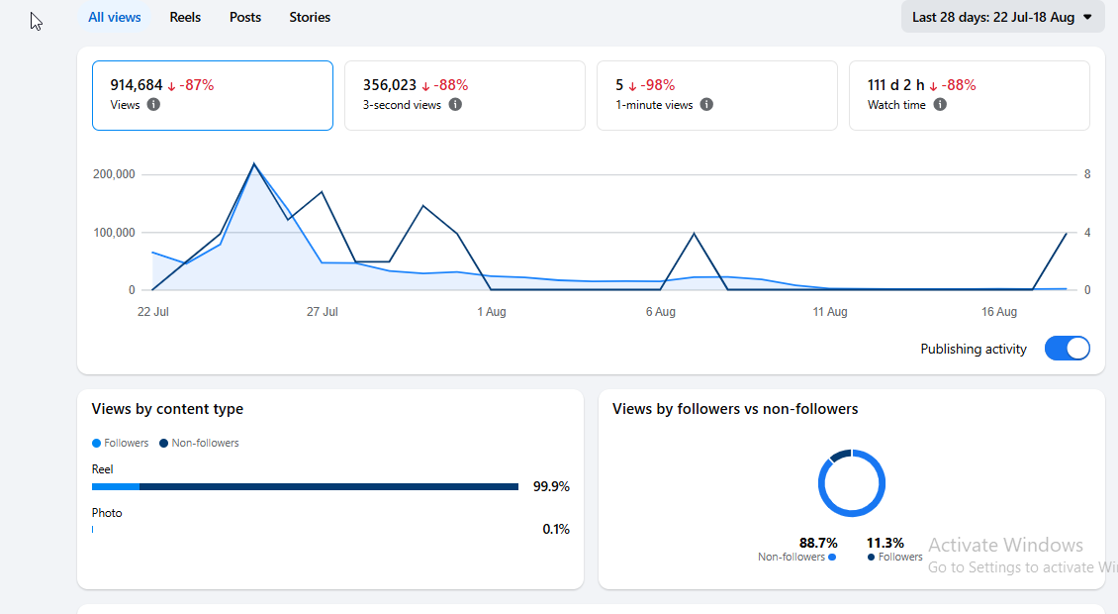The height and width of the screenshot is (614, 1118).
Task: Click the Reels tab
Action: (x=185, y=17)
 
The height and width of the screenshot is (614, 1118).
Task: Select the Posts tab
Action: (x=245, y=17)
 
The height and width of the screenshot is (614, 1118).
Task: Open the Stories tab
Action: (x=310, y=17)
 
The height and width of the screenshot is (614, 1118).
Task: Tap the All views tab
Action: (x=114, y=17)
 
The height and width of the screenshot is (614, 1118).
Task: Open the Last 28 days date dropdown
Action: (x=1002, y=17)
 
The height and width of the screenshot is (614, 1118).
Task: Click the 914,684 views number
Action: (x=137, y=85)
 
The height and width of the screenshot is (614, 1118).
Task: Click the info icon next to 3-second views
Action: (x=455, y=104)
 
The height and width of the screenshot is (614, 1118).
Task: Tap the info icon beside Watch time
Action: (x=940, y=104)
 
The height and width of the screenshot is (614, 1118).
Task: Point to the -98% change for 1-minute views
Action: (x=652, y=85)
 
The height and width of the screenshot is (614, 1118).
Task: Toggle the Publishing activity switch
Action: (x=1067, y=349)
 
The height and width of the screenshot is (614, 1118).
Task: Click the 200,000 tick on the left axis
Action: (x=114, y=174)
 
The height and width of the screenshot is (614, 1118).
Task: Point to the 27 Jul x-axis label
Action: (x=323, y=312)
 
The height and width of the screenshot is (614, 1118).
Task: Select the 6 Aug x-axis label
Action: (x=660, y=312)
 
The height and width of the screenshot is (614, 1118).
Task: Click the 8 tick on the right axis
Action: (x=1087, y=174)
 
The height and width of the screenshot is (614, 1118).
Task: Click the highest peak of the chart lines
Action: (x=254, y=163)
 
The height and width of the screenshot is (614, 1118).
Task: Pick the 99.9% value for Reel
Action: (x=551, y=487)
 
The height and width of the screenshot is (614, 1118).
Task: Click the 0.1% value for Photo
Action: (x=556, y=529)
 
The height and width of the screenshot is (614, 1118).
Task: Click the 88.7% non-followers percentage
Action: (x=818, y=544)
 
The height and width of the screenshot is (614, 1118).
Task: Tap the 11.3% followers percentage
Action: (x=885, y=544)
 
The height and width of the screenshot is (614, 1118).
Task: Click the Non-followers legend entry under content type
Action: (x=199, y=444)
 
